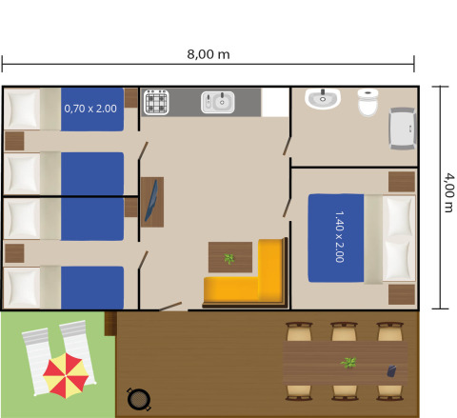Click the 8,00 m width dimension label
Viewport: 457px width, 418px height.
(209, 53)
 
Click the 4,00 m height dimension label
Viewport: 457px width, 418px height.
(447, 198)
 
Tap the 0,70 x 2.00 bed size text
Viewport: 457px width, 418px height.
(90, 109)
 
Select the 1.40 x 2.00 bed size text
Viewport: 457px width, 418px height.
(339, 237)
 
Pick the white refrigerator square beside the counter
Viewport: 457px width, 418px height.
(274, 101)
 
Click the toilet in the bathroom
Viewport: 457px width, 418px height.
(368, 102)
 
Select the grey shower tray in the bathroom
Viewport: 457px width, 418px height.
(403, 127)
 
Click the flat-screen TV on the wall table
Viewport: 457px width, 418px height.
(151, 202)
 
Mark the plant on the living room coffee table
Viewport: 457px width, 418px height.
(228, 258)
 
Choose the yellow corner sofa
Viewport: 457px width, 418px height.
(257, 276)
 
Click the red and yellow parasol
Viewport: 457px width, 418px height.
(68, 374)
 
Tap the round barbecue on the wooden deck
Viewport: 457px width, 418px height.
(138, 399)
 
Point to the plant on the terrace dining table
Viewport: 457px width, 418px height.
(349, 363)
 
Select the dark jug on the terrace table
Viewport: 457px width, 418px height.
(389, 371)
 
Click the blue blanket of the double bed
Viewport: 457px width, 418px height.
(335, 238)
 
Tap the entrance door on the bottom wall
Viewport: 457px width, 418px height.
(172, 307)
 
